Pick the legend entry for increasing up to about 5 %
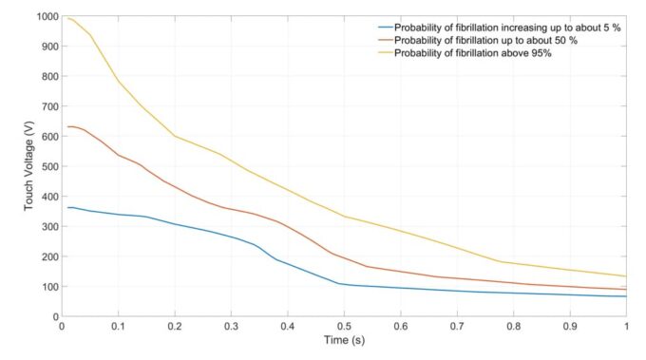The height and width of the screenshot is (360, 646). pyautogui.click(x=501, y=28)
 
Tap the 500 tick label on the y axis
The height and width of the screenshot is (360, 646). pyautogui.click(x=45, y=166)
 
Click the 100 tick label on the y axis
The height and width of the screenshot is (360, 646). pyautogui.click(x=45, y=286)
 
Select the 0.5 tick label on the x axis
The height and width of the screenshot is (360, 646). pyautogui.click(x=344, y=326)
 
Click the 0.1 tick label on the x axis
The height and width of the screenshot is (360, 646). pyautogui.click(x=118, y=326)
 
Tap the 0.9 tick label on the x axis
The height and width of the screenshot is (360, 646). pyautogui.click(x=570, y=326)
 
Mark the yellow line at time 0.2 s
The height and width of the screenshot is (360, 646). pyautogui.click(x=175, y=136)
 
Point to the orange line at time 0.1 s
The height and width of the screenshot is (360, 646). pyautogui.click(x=118, y=155)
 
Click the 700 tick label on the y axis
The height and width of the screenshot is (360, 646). pyautogui.click(x=45, y=106)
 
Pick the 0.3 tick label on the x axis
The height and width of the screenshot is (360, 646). pyautogui.click(x=231, y=326)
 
